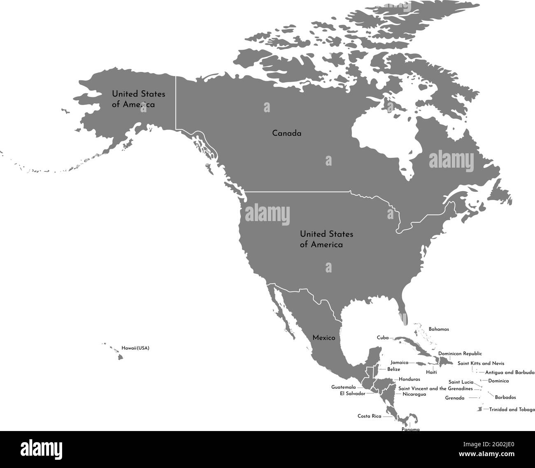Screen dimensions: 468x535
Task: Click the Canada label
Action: [286, 134]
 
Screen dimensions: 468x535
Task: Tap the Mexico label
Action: [323, 338]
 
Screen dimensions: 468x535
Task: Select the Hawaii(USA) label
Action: [135, 348]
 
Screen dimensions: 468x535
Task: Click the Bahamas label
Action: [439, 329]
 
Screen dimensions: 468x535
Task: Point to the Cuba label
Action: [382, 338]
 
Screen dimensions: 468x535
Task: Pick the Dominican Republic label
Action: [460, 353]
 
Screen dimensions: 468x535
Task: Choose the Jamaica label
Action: [399, 362]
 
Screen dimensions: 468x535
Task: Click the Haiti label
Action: [431, 372]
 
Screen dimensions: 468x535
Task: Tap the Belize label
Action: [393, 369]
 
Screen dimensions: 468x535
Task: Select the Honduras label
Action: [409, 379]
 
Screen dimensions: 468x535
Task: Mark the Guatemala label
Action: [343, 387]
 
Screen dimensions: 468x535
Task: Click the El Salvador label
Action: [352, 394]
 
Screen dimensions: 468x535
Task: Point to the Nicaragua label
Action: [414, 394]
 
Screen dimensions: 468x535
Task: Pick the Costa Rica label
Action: [369, 416]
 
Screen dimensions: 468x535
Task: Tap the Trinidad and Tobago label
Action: [512, 410]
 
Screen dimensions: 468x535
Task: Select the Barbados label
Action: [505, 397]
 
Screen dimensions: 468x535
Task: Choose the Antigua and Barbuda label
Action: [509, 373]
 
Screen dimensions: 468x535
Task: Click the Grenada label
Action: [455, 398]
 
